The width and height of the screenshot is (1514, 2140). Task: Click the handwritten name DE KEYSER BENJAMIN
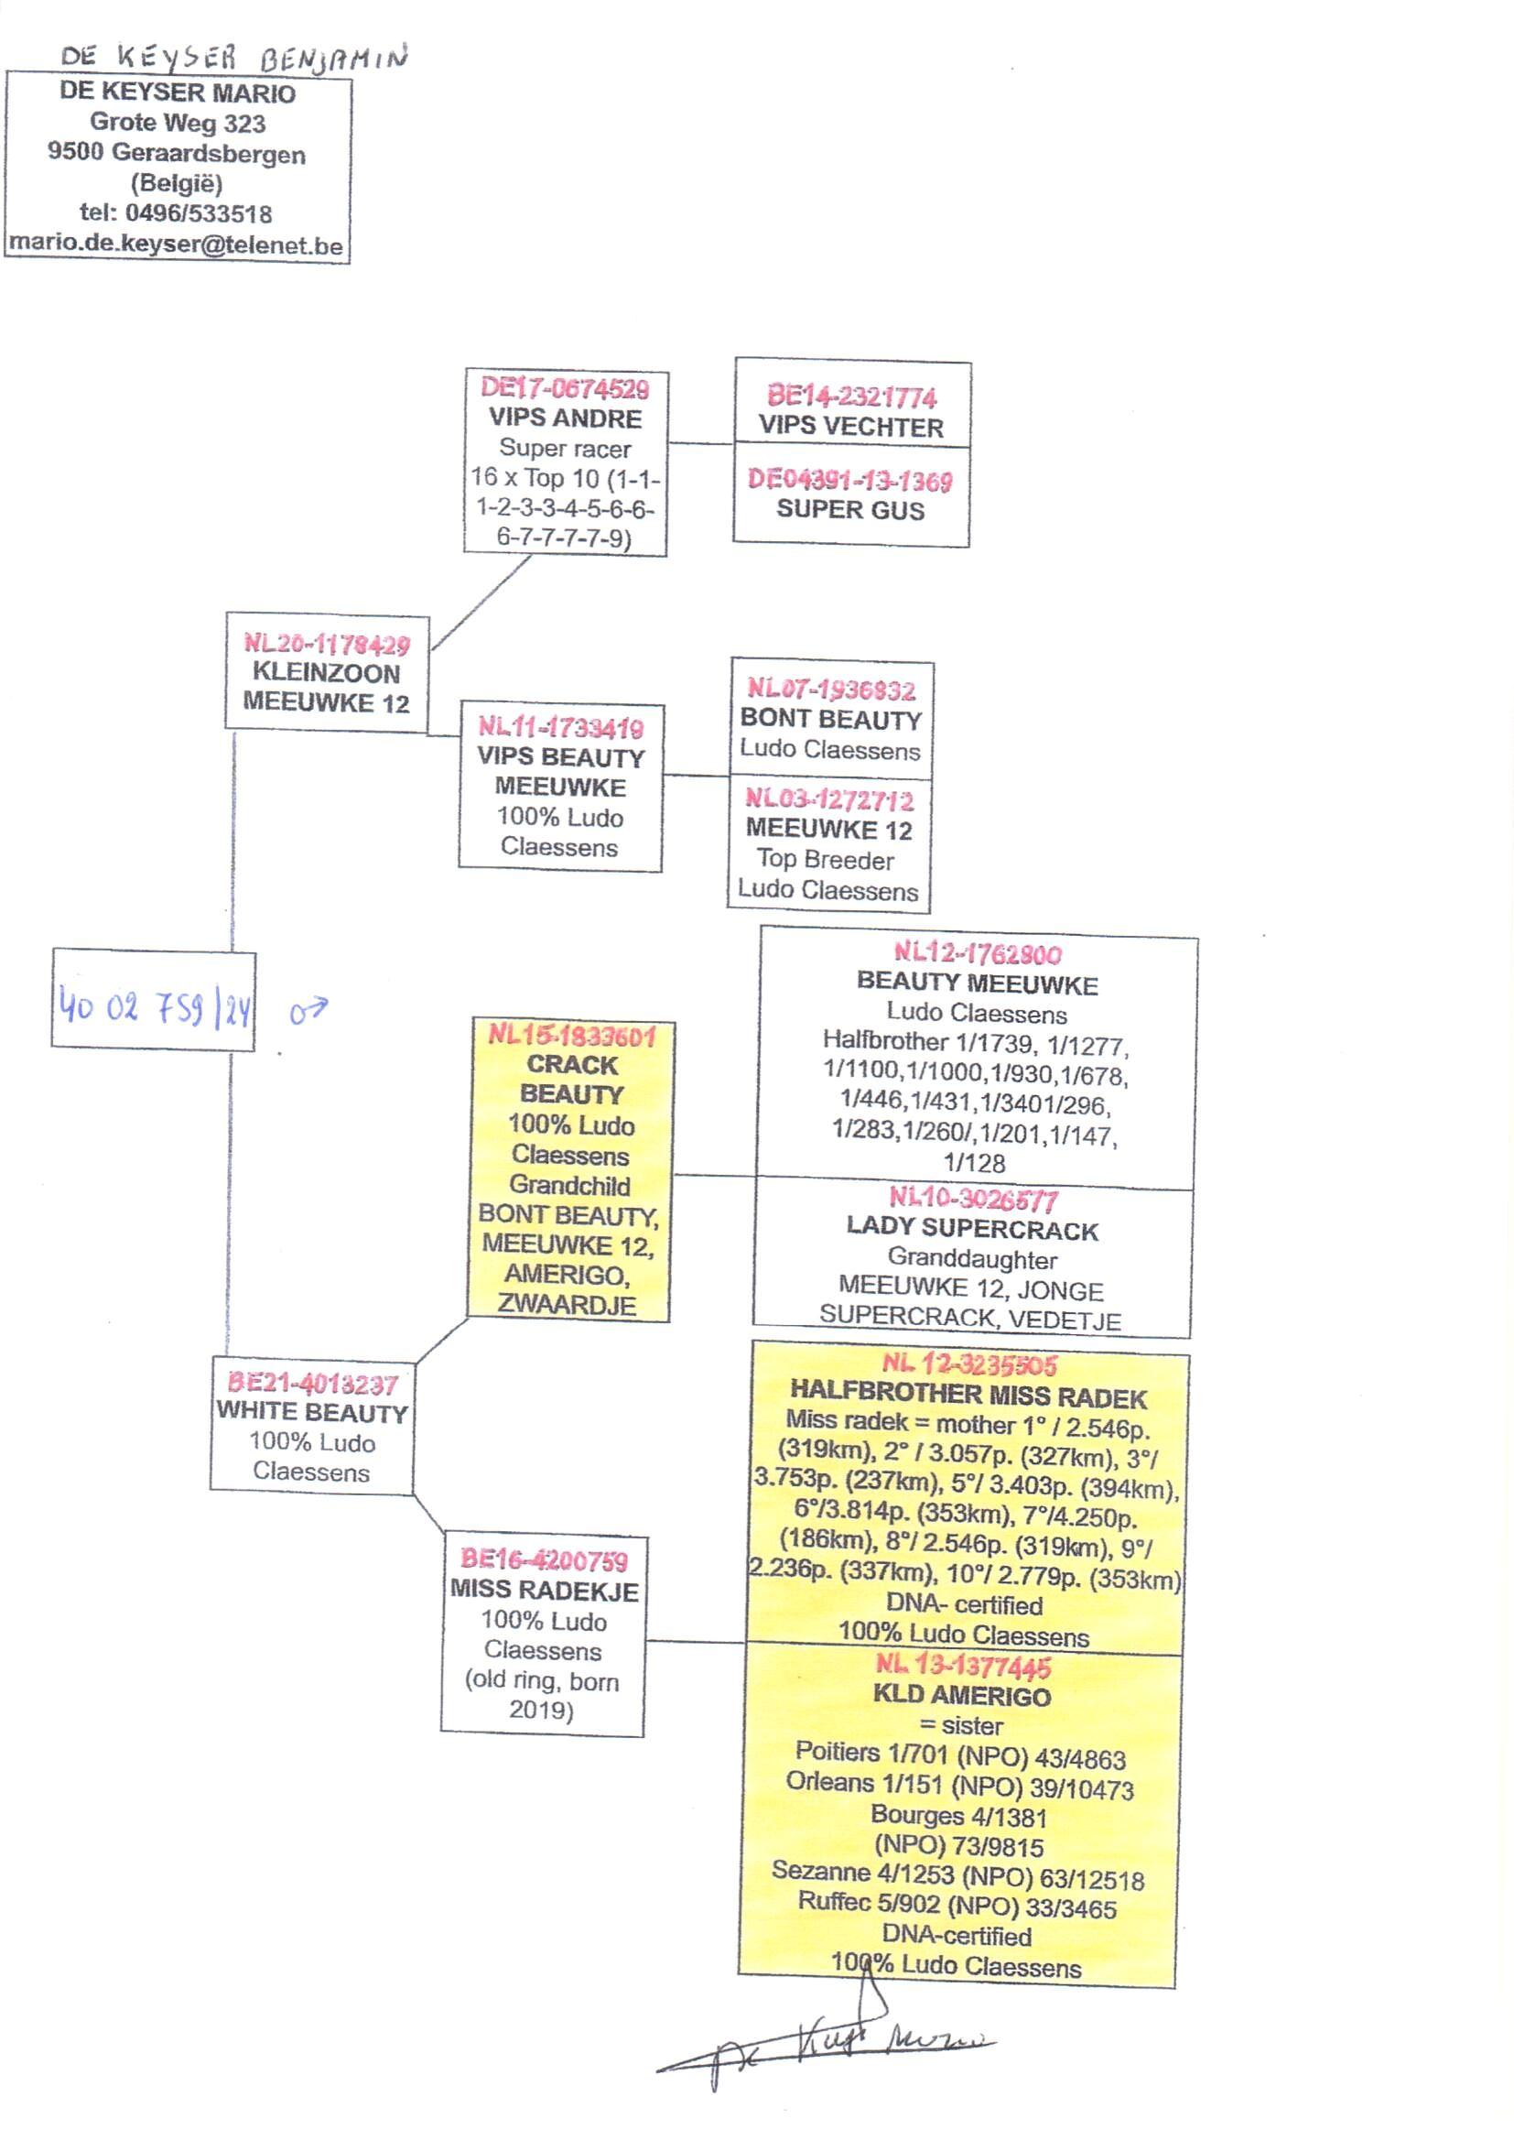(x=233, y=58)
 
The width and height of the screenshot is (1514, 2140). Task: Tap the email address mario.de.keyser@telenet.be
(x=176, y=246)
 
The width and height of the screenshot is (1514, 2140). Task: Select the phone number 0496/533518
(x=199, y=213)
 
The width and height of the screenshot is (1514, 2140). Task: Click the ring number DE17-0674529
(x=565, y=388)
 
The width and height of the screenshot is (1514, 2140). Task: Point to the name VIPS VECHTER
(x=850, y=427)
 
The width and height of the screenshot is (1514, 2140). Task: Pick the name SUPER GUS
(x=850, y=510)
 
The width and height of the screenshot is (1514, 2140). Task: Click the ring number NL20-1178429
(x=326, y=644)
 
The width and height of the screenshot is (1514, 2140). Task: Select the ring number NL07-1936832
(x=830, y=690)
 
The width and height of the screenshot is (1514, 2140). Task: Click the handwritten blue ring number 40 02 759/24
(x=154, y=1007)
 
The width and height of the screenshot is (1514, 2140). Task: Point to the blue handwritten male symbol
(x=308, y=1010)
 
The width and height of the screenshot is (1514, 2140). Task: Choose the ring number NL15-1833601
(x=571, y=1035)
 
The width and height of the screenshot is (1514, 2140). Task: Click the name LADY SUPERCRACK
(x=971, y=1229)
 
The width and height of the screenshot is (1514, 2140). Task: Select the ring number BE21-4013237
(x=312, y=1384)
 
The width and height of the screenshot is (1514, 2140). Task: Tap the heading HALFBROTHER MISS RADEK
(x=968, y=1396)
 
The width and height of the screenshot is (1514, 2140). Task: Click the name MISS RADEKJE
(x=545, y=1591)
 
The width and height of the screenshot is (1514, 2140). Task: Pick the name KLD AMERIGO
(x=961, y=1695)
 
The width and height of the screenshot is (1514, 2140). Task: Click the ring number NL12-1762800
(x=977, y=953)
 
